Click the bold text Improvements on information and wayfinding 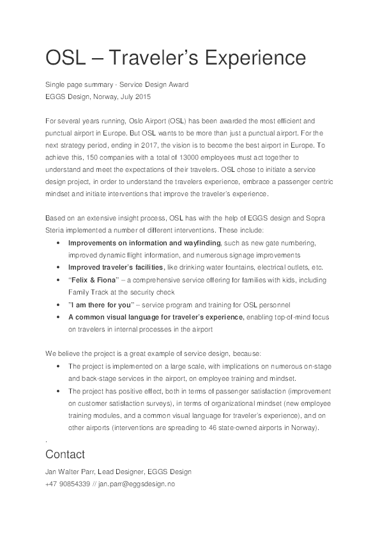click(144, 243)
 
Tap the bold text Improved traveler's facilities click(116, 268)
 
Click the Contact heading click(65, 454)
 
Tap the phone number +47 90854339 click(68, 484)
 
